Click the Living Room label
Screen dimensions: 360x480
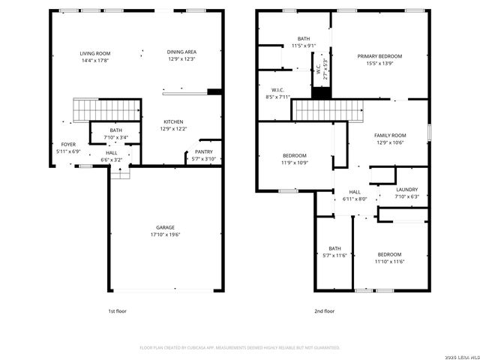coord(95,53)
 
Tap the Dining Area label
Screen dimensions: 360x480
coord(181,52)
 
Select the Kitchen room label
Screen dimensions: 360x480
coord(173,121)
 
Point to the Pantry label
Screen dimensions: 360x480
coord(204,152)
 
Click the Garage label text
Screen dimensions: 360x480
coord(166,227)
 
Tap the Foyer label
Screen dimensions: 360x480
coord(67,145)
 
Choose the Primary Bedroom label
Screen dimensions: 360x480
coord(379,56)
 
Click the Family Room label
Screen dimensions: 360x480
coord(390,135)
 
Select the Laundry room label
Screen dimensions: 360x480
coord(407,190)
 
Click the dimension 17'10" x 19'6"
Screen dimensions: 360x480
coord(166,235)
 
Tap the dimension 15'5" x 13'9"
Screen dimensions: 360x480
coord(379,64)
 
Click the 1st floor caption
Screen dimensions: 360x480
coord(117,310)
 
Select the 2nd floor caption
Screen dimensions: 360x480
coord(324,310)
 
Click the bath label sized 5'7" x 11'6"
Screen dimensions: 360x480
coord(334,248)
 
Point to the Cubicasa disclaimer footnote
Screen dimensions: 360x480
coord(240,348)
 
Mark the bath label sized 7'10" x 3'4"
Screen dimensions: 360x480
coord(115,130)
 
